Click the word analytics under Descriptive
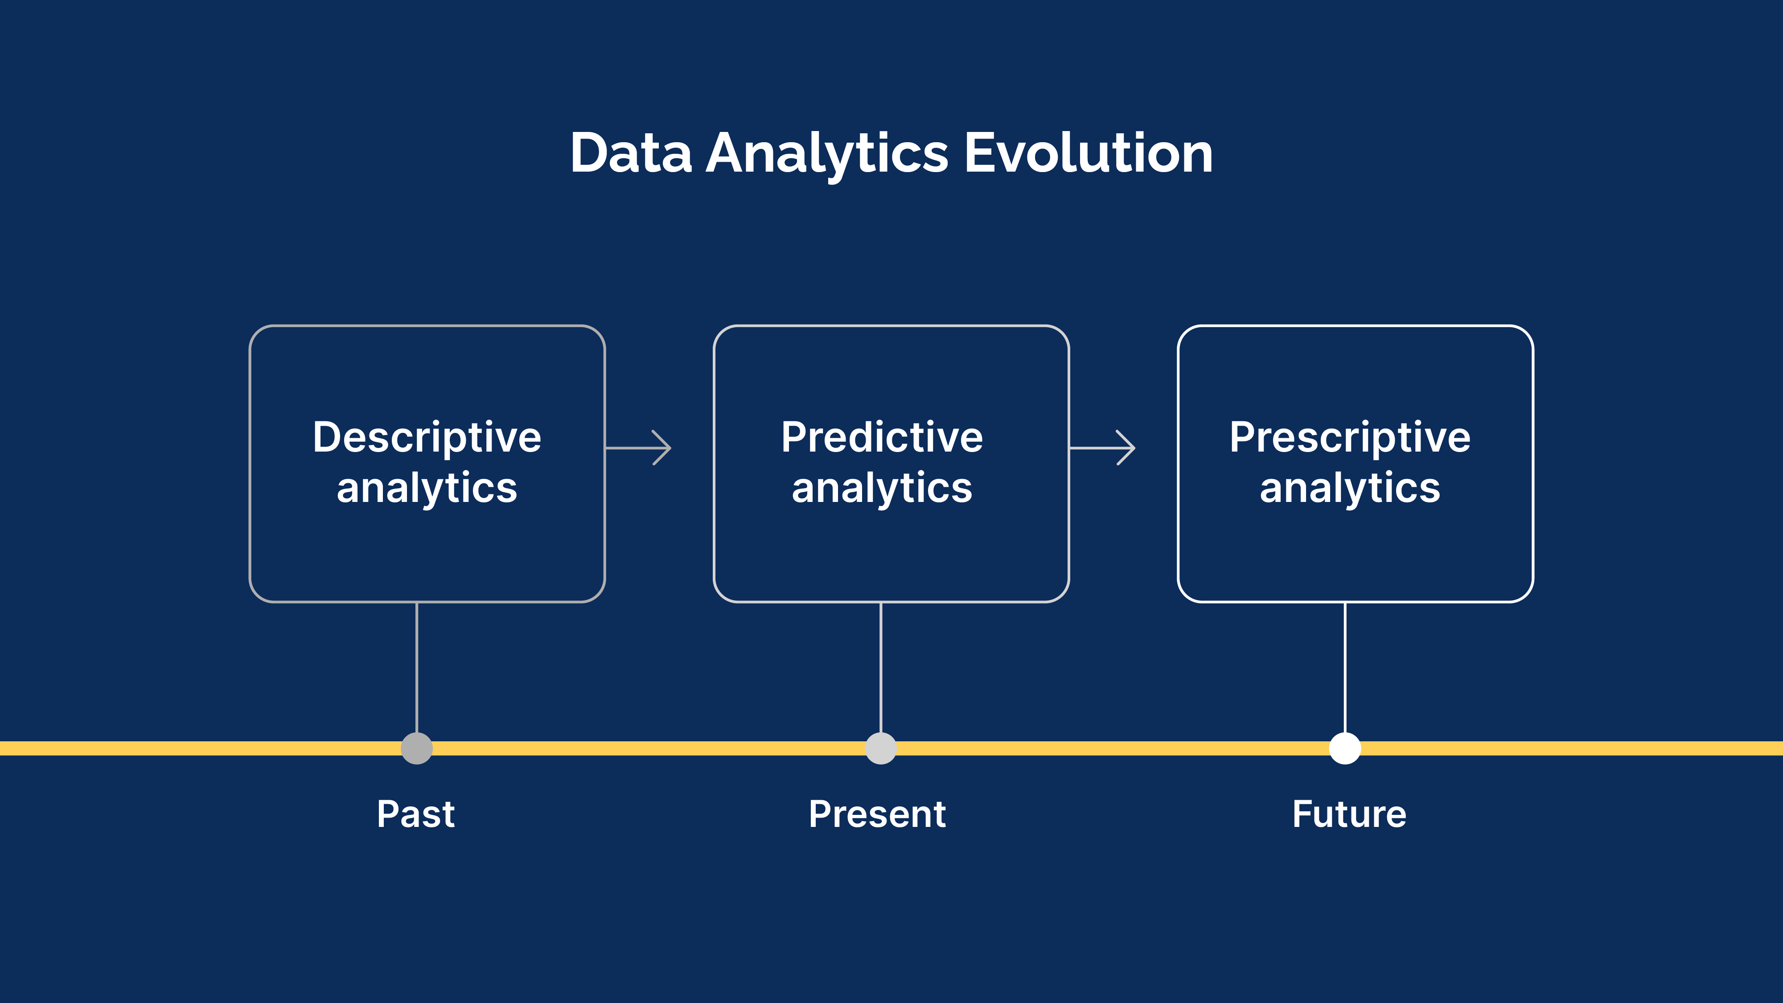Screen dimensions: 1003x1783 tap(427, 489)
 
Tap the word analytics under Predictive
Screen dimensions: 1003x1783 tap(882, 489)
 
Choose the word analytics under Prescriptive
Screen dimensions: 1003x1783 tap(1350, 489)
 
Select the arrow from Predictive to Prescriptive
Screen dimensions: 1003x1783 tap(1103, 448)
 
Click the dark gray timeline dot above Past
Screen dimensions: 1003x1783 tap(417, 748)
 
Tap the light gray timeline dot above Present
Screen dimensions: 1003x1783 tap(880, 748)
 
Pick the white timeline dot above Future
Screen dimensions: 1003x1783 tap(1345, 748)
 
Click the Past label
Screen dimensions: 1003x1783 tap(415, 814)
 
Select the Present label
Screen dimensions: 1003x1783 tap(877, 814)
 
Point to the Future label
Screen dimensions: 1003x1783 tap(1349, 814)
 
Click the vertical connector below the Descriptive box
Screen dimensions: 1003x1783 tap(417, 666)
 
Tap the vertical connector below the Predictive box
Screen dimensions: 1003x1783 tap(880, 666)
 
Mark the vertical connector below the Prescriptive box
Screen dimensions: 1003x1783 tap(1345, 666)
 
